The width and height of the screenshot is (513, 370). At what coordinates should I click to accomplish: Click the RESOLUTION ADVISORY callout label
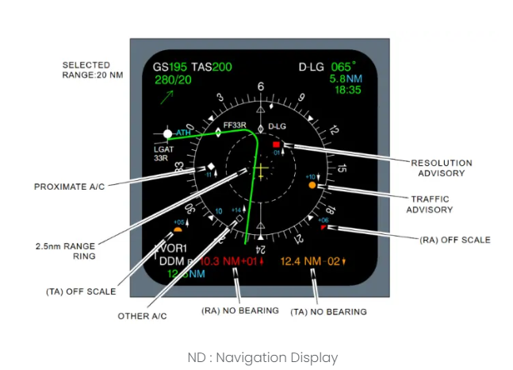[x=442, y=168]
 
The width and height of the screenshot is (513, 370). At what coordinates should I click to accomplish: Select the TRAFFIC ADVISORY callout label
[x=429, y=204]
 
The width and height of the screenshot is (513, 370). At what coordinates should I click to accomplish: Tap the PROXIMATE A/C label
[x=69, y=187]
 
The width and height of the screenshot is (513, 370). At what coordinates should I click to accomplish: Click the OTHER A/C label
[x=143, y=316]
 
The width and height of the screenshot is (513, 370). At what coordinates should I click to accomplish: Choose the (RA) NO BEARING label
[x=239, y=310]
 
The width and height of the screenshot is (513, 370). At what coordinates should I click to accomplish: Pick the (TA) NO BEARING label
[x=328, y=312]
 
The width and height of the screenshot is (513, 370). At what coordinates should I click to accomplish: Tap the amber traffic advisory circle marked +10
[x=312, y=184]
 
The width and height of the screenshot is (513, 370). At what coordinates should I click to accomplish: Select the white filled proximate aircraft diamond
[x=211, y=167]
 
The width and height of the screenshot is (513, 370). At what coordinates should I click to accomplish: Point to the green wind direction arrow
[x=167, y=97]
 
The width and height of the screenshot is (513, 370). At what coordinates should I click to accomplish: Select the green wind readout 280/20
[x=173, y=80]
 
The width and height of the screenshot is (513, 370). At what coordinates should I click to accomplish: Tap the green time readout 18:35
[x=347, y=91]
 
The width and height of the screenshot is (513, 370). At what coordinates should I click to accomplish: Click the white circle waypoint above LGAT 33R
[x=167, y=133]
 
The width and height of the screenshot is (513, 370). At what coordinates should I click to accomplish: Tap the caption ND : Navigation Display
[x=262, y=357]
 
